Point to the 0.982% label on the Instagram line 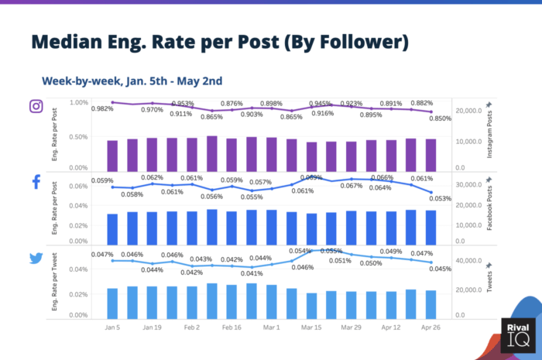coord(102,109)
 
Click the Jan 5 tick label coord(112,328)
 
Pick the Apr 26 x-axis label coord(431,328)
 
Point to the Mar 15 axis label coord(311,328)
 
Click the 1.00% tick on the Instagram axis coord(79,102)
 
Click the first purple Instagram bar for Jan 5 coord(112,154)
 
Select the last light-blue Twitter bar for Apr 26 coord(431,303)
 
